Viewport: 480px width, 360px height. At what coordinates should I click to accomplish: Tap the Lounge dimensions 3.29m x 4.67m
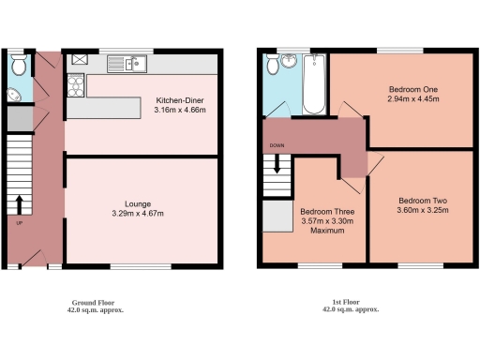click(138, 213)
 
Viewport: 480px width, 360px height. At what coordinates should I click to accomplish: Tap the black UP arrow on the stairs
click(19, 204)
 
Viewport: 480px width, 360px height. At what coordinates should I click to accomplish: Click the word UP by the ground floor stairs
click(18, 223)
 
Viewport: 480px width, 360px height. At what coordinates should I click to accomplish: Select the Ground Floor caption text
click(96, 303)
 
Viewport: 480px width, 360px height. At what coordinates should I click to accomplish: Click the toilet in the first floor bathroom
click(273, 65)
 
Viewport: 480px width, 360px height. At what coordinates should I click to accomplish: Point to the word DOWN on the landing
click(277, 146)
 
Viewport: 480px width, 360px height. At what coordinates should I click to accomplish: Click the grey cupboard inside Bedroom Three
click(277, 217)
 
